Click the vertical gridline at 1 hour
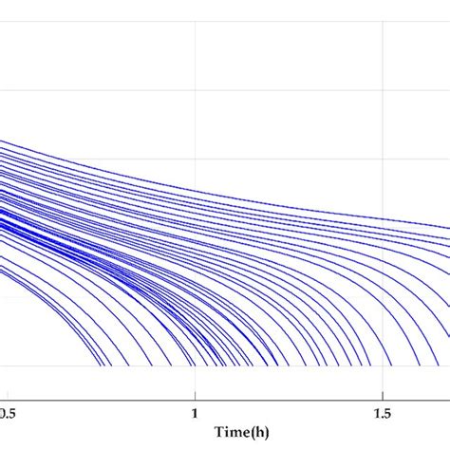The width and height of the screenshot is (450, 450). coord(196,57)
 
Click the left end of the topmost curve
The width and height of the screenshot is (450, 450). coord(1,141)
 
